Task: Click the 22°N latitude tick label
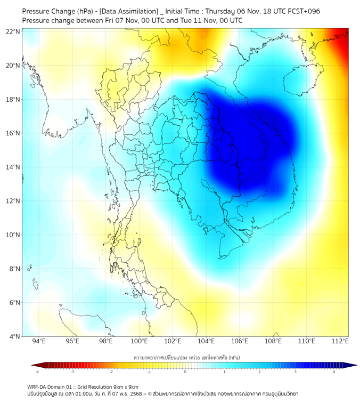tap(13, 31)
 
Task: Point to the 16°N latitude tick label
tap(13, 133)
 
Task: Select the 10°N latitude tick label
tap(13, 235)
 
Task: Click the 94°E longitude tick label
tap(39, 341)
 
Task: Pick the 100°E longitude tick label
tap(140, 341)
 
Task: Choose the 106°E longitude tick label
tap(240, 341)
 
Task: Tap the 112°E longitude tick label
tap(340, 341)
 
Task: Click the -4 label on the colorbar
tap(37, 372)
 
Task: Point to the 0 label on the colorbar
tap(185, 372)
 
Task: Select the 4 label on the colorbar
tap(334, 372)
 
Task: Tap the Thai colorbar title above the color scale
tap(185, 356)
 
